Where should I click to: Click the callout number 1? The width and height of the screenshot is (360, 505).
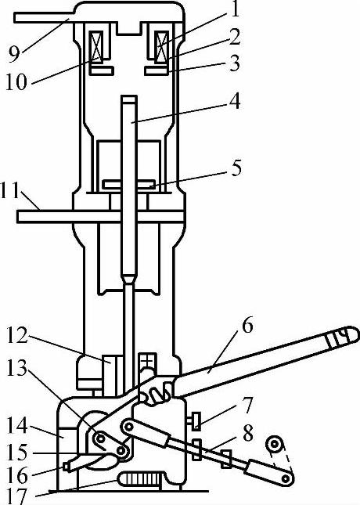tap(236, 9)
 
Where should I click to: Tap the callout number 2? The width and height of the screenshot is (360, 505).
tap(236, 37)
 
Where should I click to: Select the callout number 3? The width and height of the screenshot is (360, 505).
tap(235, 63)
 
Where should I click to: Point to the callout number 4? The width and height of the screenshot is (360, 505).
tap(235, 101)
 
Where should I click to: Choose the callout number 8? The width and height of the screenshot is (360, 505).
tap(247, 434)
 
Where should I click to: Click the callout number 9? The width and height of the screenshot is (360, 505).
tap(14, 54)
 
